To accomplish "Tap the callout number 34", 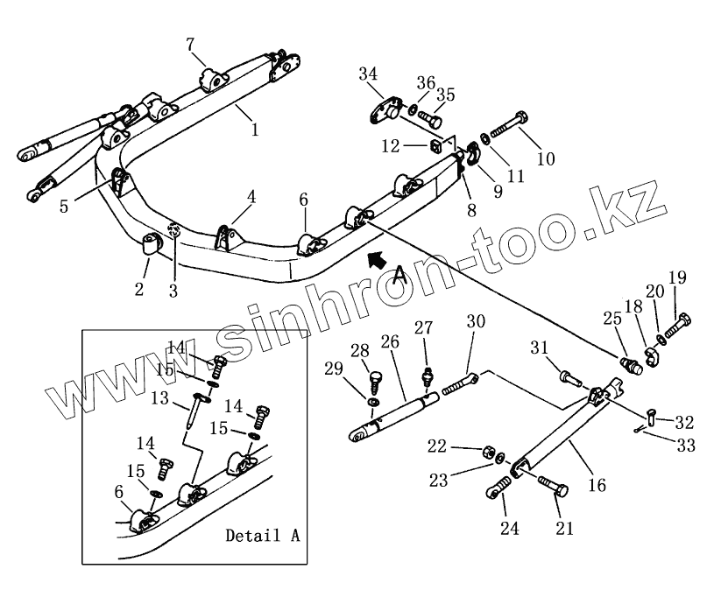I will [x=368, y=74].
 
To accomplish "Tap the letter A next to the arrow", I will [x=399, y=276].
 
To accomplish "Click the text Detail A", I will [x=262, y=535].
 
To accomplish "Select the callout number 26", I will [x=390, y=341].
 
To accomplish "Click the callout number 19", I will [x=677, y=278].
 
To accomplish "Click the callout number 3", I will [x=173, y=291].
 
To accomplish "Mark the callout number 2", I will [x=139, y=288].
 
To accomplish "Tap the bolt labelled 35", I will [x=428, y=118].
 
